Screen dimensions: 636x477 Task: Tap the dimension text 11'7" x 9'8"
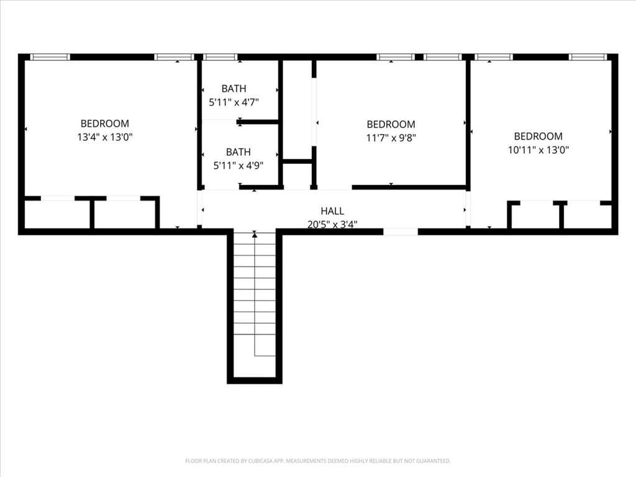(391, 138)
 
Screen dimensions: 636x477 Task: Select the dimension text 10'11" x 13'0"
(538, 150)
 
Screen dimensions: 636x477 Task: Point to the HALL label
(332, 211)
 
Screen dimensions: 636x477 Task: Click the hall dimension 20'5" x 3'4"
(332, 224)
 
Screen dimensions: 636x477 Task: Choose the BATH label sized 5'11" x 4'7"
(234, 88)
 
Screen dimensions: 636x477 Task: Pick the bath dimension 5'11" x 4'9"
(238, 165)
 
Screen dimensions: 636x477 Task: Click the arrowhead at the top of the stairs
(254, 234)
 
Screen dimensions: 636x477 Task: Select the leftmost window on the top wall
(50, 57)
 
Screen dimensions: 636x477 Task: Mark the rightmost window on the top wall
(588, 57)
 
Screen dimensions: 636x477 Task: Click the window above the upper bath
(220, 57)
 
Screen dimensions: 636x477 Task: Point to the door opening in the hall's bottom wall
(401, 232)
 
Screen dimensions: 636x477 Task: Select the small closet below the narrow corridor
(297, 175)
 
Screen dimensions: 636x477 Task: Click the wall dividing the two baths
(258, 122)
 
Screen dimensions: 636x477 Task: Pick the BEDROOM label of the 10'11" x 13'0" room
(538, 136)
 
